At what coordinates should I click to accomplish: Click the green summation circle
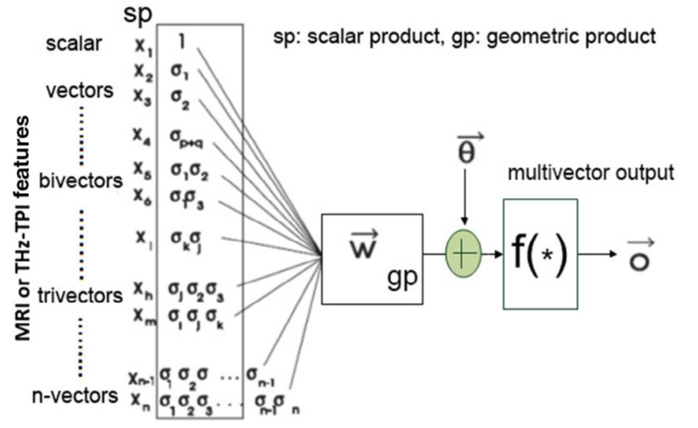pos(463,253)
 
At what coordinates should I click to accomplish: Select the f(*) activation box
pos(540,254)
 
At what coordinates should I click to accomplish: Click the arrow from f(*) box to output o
pos(597,254)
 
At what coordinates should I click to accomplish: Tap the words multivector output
pos(591,173)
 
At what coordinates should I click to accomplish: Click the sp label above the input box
pos(138,14)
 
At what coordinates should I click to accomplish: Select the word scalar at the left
pos(74,44)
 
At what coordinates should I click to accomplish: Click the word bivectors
pos(81,181)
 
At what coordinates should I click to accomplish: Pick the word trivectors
pos(80,296)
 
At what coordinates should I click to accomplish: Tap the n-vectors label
pos(75,396)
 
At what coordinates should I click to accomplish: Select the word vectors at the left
pos(80,90)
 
